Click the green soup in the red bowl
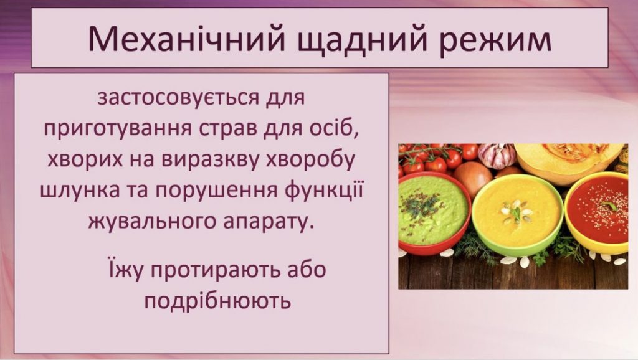click(432, 209)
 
